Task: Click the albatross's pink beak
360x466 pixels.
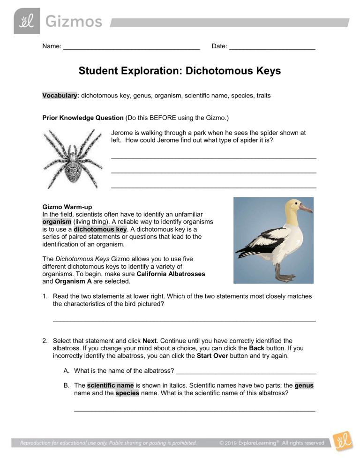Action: (x=305, y=208)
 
